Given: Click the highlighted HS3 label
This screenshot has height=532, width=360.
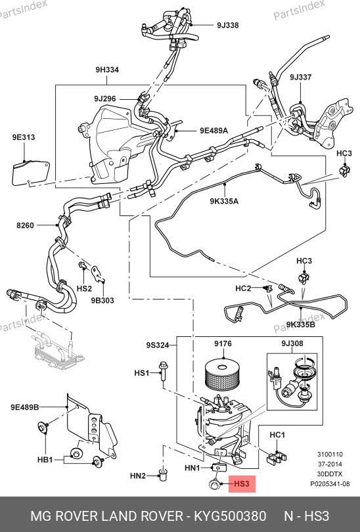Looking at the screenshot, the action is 242,483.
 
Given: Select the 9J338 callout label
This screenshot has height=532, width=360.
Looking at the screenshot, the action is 228,25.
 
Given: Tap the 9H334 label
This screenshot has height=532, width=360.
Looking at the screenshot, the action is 107,70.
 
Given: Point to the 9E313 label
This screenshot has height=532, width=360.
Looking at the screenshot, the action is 24,137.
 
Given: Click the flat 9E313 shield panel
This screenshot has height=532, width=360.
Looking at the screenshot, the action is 31,173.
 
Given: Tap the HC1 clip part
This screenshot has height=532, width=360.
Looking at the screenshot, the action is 277,458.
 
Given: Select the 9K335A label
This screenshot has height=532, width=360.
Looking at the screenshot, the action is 224,201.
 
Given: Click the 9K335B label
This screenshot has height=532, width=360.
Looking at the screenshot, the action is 301,324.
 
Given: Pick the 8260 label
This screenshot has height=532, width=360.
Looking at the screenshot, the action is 25,225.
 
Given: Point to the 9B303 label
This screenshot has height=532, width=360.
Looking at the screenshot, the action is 102,300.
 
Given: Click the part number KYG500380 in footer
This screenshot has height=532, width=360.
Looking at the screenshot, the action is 230,516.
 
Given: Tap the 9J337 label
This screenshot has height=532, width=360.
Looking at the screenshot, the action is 301,78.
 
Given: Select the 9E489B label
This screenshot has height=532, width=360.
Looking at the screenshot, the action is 25,407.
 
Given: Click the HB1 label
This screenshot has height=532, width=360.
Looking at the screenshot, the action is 45,460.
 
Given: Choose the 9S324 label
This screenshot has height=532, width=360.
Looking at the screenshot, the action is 158,345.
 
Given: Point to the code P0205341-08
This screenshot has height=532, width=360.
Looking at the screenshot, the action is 330,484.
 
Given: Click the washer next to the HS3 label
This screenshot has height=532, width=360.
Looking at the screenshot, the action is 214,484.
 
